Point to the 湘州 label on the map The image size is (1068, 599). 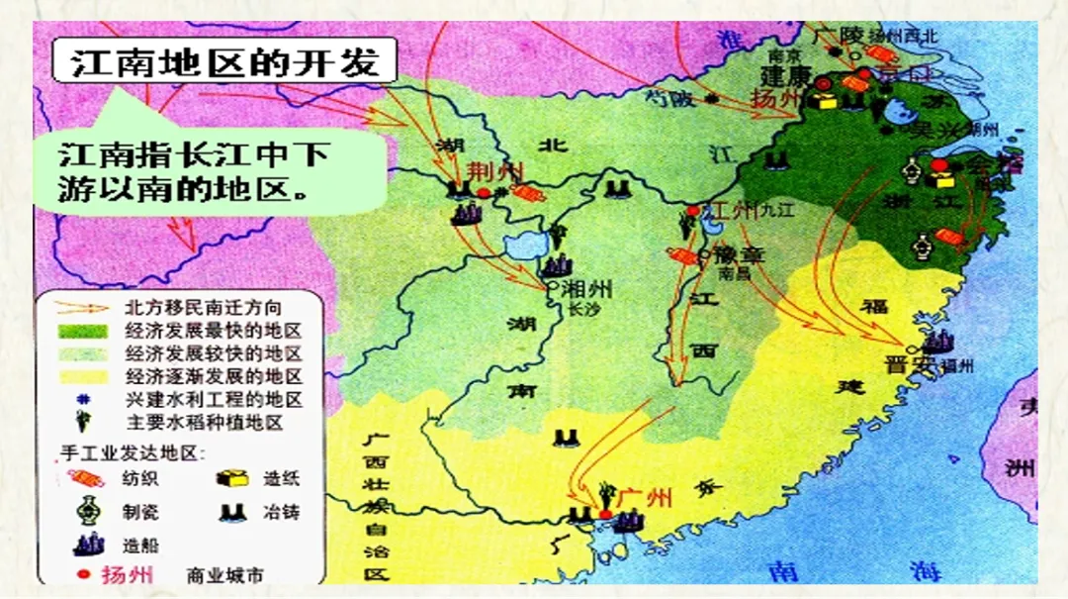click(x=586, y=289)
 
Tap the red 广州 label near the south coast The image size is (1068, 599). click(x=644, y=496)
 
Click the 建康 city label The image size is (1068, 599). click(x=785, y=76)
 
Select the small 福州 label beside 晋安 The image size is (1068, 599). click(x=958, y=365)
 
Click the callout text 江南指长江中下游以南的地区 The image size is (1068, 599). click(x=194, y=170)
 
